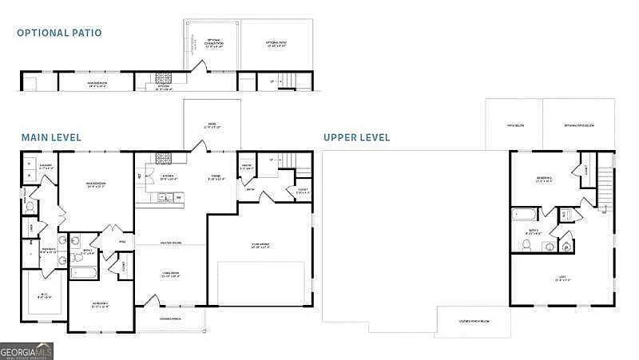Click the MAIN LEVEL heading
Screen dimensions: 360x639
[x=50, y=137]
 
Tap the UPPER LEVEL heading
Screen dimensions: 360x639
[x=356, y=137]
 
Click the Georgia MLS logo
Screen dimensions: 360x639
[x=26, y=350]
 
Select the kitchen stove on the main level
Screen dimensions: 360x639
[x=163, y=158]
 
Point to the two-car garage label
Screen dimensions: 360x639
[x=260, y=247]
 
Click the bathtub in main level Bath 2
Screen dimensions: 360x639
[x=83, y=273]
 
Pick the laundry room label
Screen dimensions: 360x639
[x=46, y=167]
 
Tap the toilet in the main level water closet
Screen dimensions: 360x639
[x=30, y=206]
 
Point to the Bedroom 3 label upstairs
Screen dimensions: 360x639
[x=546, y=180]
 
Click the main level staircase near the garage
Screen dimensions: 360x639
[x=302, y=165]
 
